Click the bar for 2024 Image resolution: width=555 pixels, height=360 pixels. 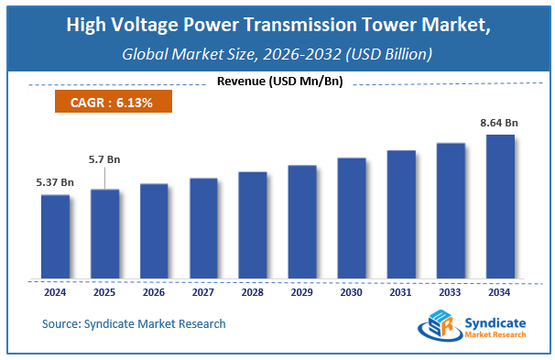(55, 236)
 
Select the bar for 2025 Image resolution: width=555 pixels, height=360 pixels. (104, 234)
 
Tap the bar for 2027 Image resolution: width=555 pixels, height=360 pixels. (203, 228)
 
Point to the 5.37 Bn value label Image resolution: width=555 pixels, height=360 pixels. (55, 183)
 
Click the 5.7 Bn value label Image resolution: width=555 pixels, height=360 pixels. (104, 159)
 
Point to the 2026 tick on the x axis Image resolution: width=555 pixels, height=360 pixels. (154, 292)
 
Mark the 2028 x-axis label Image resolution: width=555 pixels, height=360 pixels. (253, 292)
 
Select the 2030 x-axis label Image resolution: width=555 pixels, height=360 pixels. (352, 292)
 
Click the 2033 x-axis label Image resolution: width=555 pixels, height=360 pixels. (451, 292)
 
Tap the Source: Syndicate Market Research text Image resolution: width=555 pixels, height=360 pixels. (134, 323)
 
